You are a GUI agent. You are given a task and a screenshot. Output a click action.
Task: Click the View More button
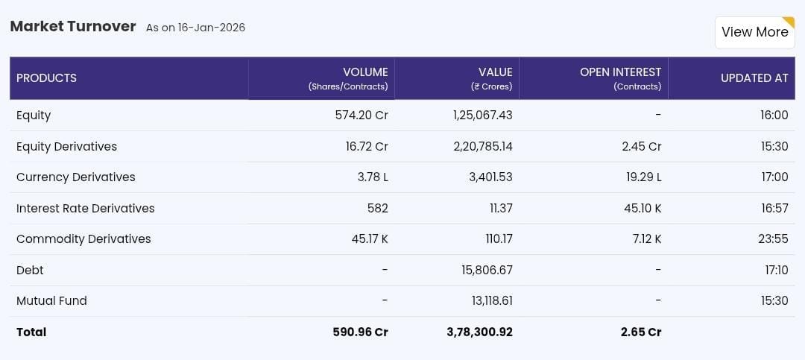[x=754, y=32]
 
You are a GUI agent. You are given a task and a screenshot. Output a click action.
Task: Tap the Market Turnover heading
[x=72, y=27]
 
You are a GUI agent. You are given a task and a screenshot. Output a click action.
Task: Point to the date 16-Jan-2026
[x=211, y=28]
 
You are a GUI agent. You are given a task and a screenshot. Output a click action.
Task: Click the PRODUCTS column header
[x=46, y=78]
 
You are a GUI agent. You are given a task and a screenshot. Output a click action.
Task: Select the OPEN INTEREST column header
[x=620, y=72]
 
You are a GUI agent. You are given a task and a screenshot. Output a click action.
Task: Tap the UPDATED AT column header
[x=754, y=78]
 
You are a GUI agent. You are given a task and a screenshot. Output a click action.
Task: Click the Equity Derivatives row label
[x=66, y=147]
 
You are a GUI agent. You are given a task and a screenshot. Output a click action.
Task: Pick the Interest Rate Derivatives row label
[x=85, y=209]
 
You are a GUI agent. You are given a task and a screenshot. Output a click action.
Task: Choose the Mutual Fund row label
[x=51, y=301]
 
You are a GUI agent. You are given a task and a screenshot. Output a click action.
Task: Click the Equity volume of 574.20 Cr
[x=362, y=116]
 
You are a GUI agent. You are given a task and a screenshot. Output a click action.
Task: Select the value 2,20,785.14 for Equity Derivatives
[x=482, y=147]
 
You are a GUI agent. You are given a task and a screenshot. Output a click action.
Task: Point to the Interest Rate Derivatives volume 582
[x=377, y=209]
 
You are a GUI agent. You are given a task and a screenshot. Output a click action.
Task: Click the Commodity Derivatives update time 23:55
[x=774, y=239]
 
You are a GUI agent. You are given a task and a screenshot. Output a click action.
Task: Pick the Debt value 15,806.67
[x=487, y=271]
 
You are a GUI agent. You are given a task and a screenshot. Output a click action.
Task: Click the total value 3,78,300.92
[x=479, y=332]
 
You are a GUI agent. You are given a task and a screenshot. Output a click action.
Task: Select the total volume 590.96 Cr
[x=360, y=332]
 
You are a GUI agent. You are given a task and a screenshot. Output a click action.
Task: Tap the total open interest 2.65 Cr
[x=641, y=332]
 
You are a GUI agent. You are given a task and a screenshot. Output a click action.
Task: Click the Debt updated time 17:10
[x=776, y=271]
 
